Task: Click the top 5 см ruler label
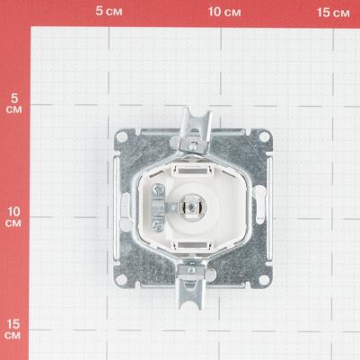click(109, 12)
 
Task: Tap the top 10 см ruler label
click(224, 12)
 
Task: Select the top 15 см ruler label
click(333, 13)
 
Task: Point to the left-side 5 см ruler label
click(13, 103)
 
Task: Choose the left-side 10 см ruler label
click(13, 217)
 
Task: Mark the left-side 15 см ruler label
click(13, 329)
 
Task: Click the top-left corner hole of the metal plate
click(121, 137)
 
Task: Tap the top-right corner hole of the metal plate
click(265, 136)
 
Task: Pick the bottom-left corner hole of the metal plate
click(121, 279)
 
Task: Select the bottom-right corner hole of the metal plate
click(264, 279)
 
